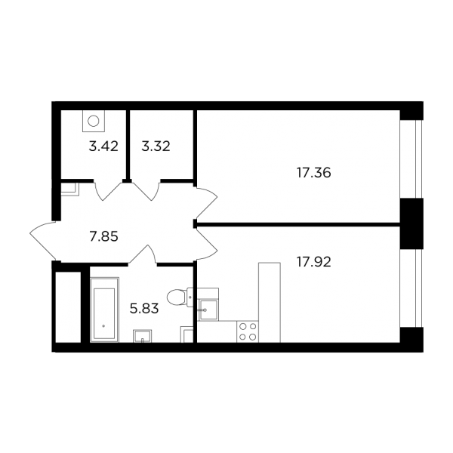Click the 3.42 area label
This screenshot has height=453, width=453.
103,146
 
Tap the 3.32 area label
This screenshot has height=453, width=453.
156,146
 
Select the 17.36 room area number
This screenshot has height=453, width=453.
314,173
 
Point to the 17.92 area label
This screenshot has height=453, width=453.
314,262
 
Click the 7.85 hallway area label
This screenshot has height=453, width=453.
103,237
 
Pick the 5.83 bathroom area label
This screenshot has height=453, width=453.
144,309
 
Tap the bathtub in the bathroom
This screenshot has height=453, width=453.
104,310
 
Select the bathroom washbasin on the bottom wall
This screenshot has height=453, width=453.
142,336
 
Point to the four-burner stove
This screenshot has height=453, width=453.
248,331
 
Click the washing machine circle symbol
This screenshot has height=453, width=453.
94,121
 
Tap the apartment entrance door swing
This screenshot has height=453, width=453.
43,241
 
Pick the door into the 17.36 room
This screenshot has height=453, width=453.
207,203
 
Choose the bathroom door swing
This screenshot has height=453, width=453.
142,254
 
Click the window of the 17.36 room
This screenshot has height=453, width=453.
411,159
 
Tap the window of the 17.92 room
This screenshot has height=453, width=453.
411,288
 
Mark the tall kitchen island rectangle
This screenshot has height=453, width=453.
270,303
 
